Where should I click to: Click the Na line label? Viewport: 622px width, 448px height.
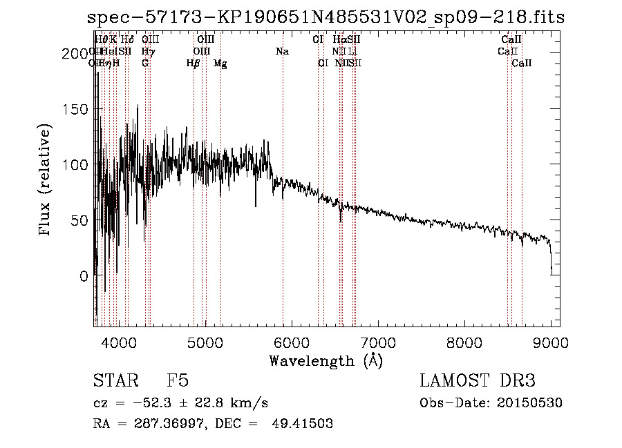point(282,52)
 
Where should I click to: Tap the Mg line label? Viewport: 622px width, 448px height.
point(220,64)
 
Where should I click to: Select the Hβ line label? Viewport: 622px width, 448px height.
point(194,64)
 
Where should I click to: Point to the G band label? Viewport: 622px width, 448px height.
point(145,64)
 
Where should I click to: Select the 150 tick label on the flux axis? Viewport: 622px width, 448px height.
point(76,109)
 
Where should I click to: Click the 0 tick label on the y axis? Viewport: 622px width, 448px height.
point(84,275)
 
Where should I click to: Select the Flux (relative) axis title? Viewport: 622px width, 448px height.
point(46,182)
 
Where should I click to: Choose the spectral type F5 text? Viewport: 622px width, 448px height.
point(178,381)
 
